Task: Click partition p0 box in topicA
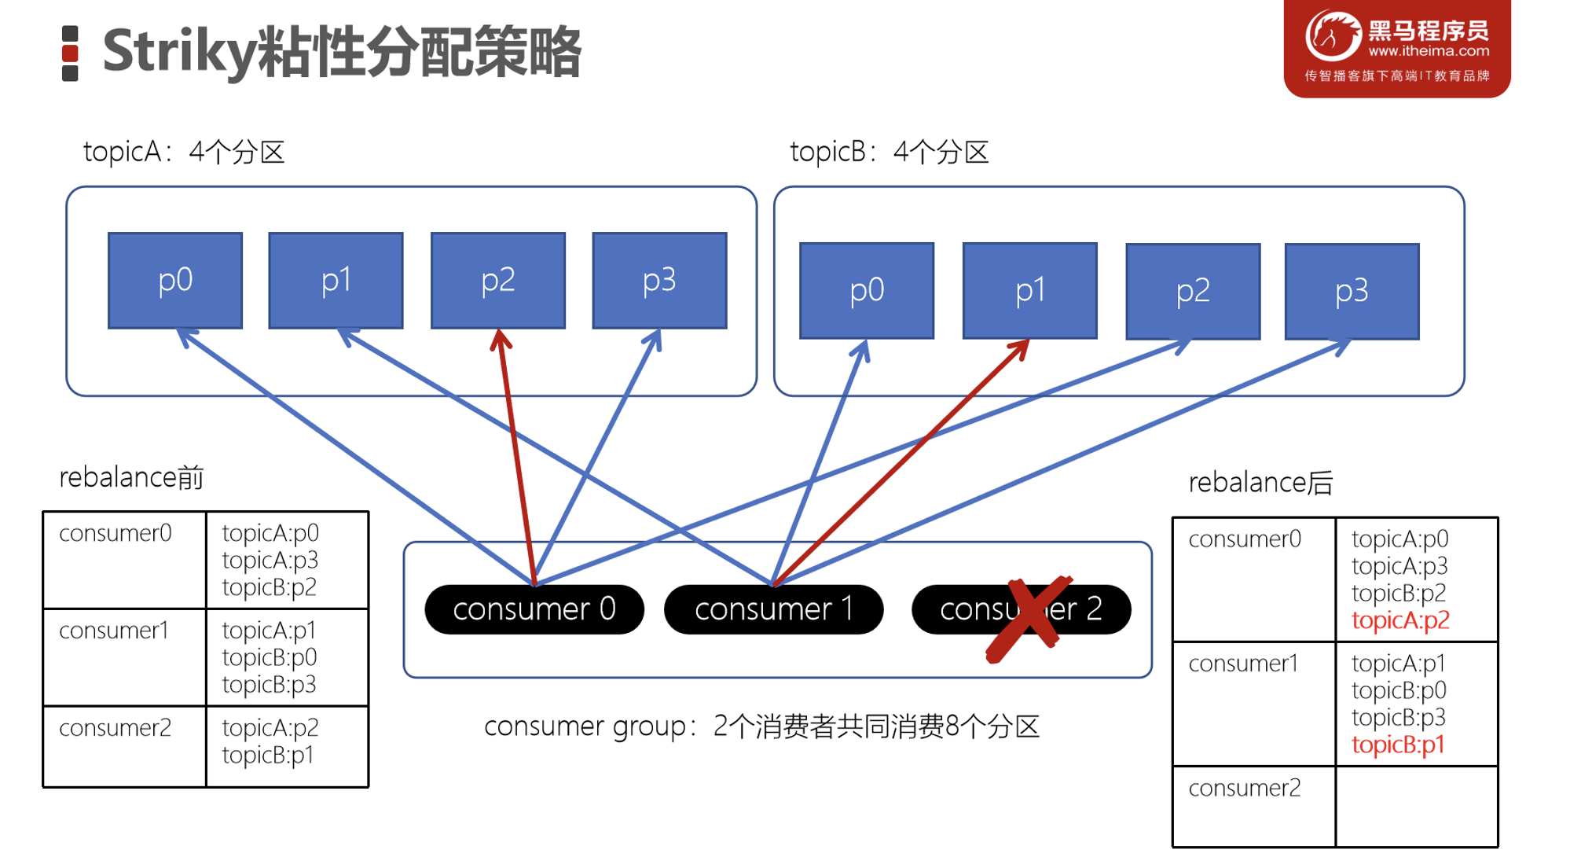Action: click(x=174, y=280)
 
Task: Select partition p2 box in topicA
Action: click(x=497, y=280)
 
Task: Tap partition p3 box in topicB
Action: click(x=1351, y=291)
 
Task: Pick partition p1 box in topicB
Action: click(x=1029, y=291)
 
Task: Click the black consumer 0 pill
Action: click(x=534, y=609)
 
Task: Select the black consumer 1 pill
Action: click(x=773, y=609)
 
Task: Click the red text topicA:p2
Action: click(x=1399, y=620)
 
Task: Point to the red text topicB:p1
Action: click(x=1397, y=745)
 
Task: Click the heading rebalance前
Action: click(x=131, y=477)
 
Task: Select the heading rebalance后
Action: click(x=1260, y=482)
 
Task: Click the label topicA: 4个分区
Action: click(x=184, y=152)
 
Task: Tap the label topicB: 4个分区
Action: click(x=889, y=152)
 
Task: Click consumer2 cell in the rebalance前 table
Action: click(x=116, y=728)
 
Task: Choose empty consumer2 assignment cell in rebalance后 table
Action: click(x=1416, y=806)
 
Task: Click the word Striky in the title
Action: click(x=179, y=52)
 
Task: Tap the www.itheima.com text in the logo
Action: click(x=1428, y=51)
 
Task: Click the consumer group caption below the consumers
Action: click(x=761, y=726)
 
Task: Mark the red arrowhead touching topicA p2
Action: click(x=500, y=340)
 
